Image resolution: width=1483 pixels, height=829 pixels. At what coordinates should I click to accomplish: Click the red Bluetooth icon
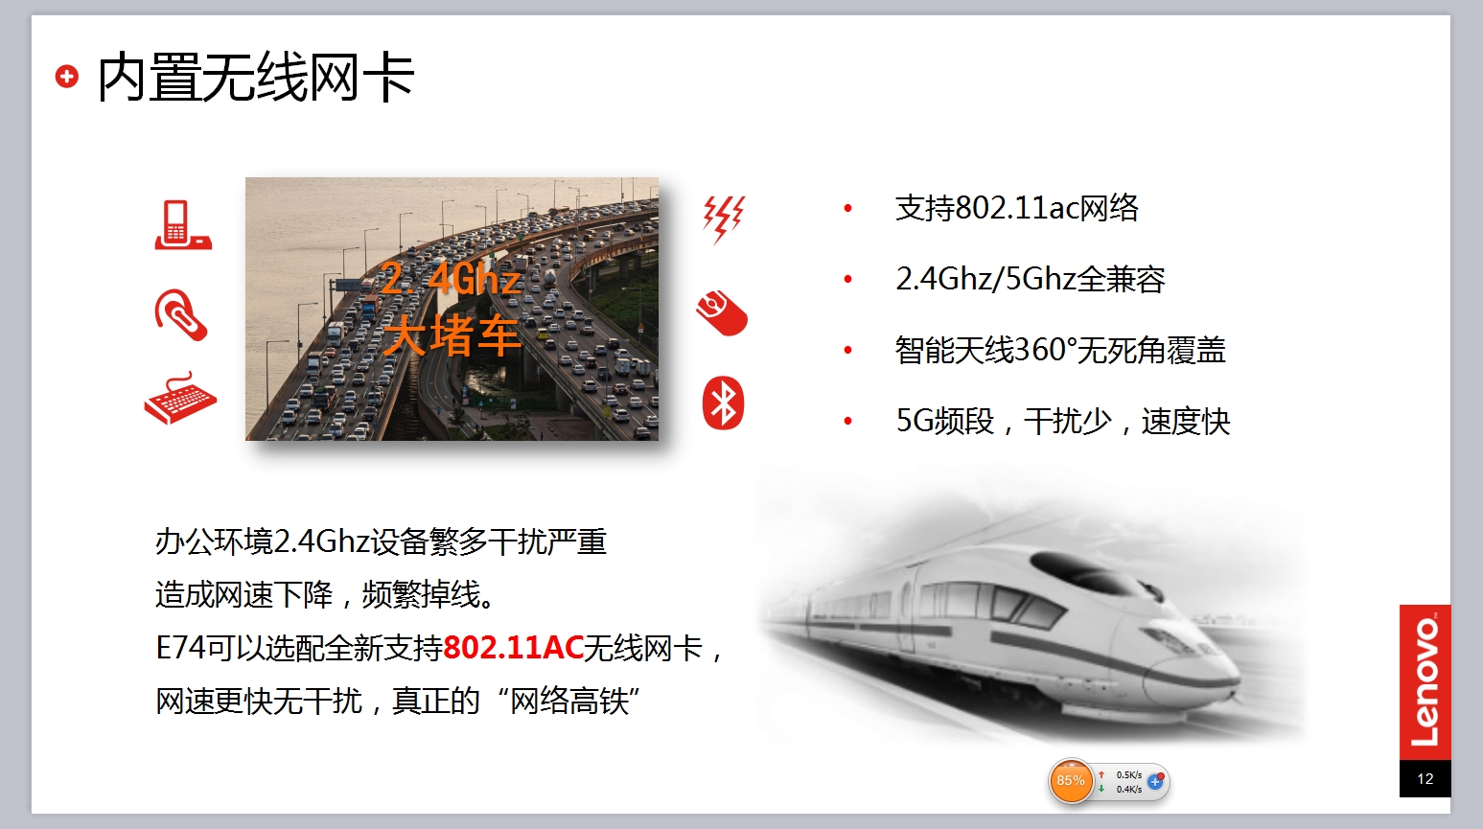(x=723, y=403)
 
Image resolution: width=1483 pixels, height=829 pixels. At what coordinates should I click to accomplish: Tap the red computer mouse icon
(x=722, y=312)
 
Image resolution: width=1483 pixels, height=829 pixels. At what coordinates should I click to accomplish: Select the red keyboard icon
(x=180, y=398)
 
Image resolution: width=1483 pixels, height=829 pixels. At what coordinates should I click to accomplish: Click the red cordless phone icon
(x=183, y=225)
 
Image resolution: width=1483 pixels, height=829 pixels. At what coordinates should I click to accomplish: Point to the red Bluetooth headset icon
(x=180, y=314)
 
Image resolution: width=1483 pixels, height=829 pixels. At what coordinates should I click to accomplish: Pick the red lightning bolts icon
(x=724, y=219)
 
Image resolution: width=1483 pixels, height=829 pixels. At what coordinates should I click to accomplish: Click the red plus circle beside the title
(x=66, y=76)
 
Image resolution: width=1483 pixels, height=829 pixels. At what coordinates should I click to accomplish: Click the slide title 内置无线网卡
(x=256, y=78)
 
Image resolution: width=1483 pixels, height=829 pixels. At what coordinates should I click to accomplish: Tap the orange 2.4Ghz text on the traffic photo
(x=451, y=278)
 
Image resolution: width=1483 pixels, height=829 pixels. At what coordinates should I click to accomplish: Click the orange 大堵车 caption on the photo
(x=452, y=335)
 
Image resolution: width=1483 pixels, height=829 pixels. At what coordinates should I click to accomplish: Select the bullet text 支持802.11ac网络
(x=1016, y=208)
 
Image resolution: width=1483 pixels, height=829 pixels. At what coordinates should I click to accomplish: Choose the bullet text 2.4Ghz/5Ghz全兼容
(x=1031, y=279)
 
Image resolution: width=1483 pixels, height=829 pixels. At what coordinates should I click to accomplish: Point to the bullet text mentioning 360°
(x=1060, y=350)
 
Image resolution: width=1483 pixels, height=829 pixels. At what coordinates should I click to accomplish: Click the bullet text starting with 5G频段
(x=1062, y=421)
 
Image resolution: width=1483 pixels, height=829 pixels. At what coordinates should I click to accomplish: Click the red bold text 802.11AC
(x=514, y=648)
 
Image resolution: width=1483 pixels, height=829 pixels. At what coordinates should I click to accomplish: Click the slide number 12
(x=1425, y=778)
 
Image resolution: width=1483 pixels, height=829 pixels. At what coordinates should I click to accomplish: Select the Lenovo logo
(x=1425, y=682)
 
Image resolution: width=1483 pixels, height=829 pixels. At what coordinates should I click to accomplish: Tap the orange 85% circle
(x=1070, y=781)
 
